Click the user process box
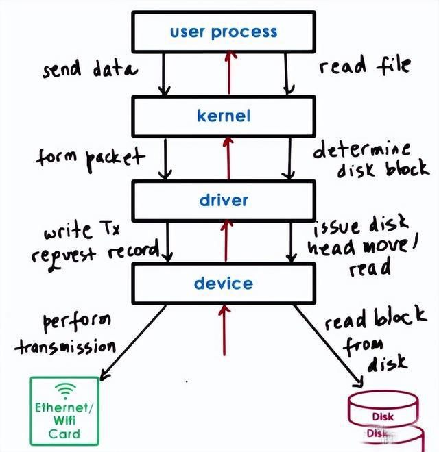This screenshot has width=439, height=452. point(224,32)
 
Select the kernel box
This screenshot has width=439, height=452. point(224,116)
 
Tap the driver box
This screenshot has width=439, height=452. point(224,201)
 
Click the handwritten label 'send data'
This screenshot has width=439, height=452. point(89,68)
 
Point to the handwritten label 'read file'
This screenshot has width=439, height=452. point(364,66)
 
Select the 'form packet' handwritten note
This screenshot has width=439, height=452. point(90,158)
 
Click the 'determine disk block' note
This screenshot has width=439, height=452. point(370,159)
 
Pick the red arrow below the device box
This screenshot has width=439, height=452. point(224,339)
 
